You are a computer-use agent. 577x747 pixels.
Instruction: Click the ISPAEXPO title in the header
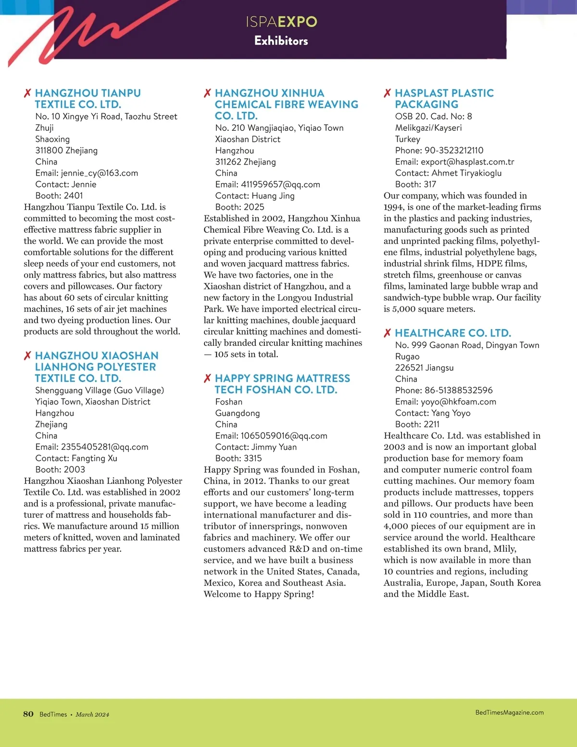(281, 22)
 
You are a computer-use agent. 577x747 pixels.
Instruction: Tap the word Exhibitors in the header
(281, 41)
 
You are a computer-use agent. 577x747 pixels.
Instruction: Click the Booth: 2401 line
(59, 196)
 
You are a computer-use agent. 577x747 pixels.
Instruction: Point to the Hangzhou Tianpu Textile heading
(88, 99)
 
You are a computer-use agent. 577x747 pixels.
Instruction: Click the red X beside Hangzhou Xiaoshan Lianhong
(27, 356)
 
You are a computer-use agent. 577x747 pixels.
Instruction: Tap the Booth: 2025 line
(239, 207)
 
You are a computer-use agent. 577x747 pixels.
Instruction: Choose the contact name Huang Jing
(273, 196)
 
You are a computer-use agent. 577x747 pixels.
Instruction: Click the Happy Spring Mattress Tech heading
(282, 384)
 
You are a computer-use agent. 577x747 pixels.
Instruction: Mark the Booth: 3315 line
(238, 458)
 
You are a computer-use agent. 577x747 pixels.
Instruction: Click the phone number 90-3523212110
(453, 151)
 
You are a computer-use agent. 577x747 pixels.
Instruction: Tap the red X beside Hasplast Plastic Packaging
(388, 93)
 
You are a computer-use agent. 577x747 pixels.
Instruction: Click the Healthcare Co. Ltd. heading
(452, 333)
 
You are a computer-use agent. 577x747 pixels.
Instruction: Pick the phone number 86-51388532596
(458, 391)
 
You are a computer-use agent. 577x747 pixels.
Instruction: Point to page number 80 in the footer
(28, 714)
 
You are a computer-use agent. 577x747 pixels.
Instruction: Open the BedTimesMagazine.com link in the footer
(509, 712)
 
